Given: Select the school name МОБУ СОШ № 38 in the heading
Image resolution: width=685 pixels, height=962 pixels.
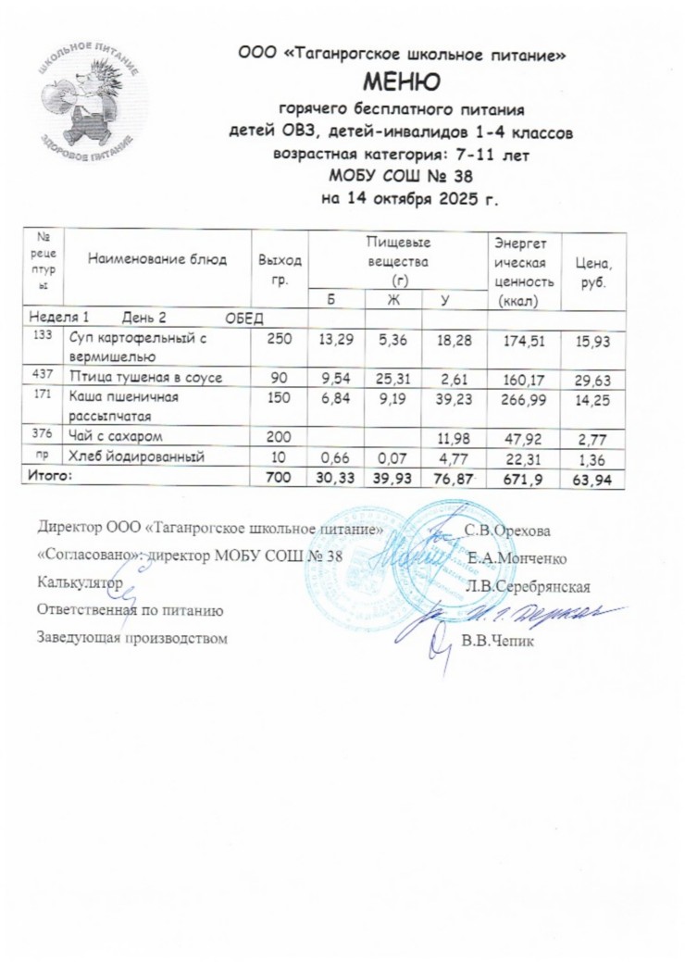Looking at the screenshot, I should (x=401, y=175).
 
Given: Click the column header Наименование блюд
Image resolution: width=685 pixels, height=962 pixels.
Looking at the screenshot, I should (x=157, y=260).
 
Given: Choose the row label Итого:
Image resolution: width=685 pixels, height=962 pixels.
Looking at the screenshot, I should (x=61, y=476).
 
